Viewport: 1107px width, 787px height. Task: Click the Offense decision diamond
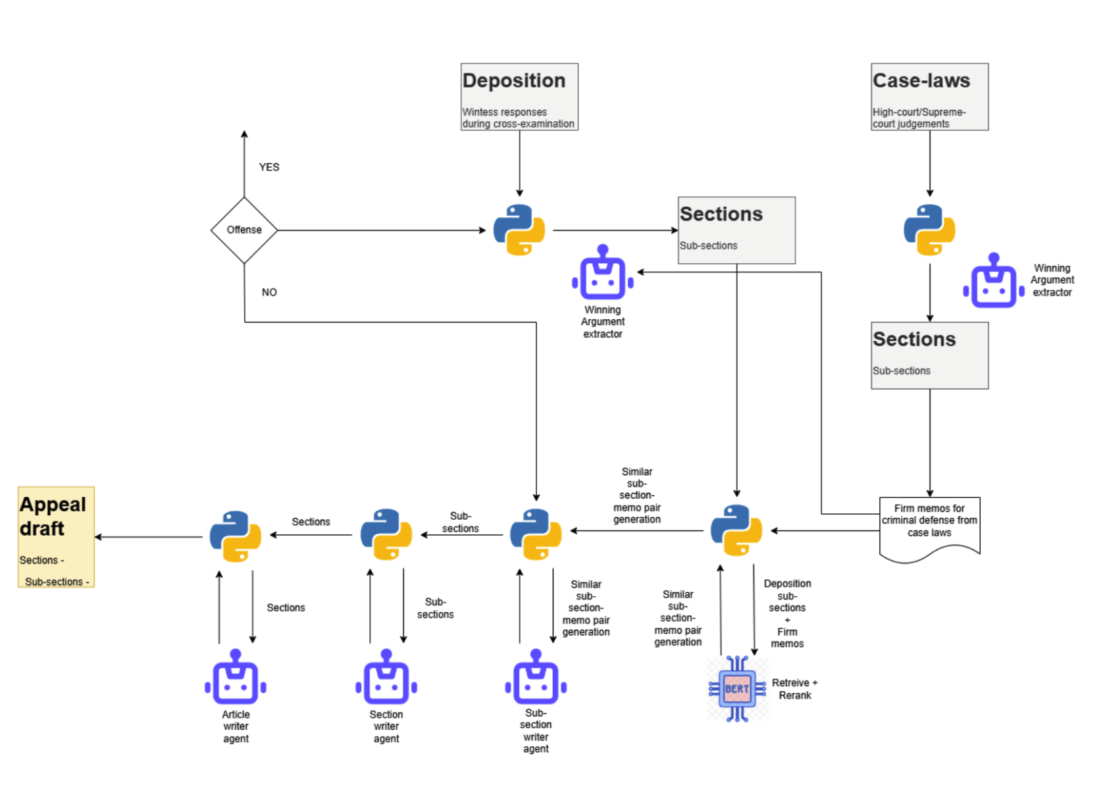coord(244,230)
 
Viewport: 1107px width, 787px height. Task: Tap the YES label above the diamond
coord(269,167)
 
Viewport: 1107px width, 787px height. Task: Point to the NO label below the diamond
coord(269,292)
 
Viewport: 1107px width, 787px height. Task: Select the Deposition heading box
coord(519,97)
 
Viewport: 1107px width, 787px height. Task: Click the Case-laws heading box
coord(929,97)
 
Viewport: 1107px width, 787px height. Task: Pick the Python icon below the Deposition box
coord(519,230)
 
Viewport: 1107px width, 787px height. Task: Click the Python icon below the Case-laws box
coord(929,230)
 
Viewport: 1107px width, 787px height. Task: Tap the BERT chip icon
coord(737,688)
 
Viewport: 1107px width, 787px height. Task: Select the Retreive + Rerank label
coord(794,689)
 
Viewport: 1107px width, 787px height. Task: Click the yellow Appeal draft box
coord(56,537)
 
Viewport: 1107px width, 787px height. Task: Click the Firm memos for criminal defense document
coord(929,526)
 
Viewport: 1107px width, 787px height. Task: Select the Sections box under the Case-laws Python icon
coord(929,355)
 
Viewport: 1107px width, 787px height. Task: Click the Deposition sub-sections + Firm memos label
coord(787,613)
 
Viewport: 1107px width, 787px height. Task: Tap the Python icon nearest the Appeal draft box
coord(236,536)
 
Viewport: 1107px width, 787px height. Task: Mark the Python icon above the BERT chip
coord(736,530)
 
